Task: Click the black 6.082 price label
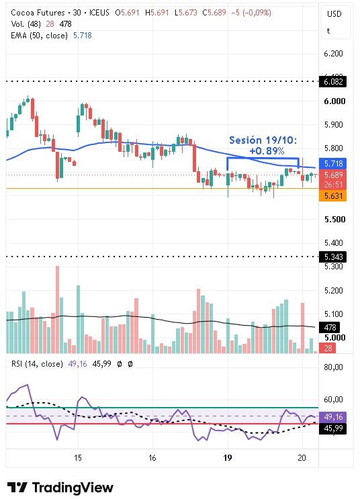point(332,82)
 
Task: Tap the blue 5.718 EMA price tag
point(332,164)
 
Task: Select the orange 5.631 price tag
point(332,195)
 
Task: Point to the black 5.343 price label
point(332,257)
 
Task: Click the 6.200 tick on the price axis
point(333,54)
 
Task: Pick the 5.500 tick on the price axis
point(334,220)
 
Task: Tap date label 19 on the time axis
point(227,458)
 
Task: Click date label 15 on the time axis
point(78,458)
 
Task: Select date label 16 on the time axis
point(152,458)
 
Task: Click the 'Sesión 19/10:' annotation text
point(263,140)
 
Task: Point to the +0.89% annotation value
point(267,150)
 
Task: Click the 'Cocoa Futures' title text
point(38,13)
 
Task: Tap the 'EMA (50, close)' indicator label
point(39,36)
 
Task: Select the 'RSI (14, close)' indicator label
point(37,364)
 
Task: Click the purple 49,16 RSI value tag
point(332,417)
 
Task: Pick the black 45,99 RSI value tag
point(332,428)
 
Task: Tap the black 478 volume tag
point(330,327)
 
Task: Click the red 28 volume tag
point(328,348)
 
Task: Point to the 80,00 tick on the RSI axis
point(333,367)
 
